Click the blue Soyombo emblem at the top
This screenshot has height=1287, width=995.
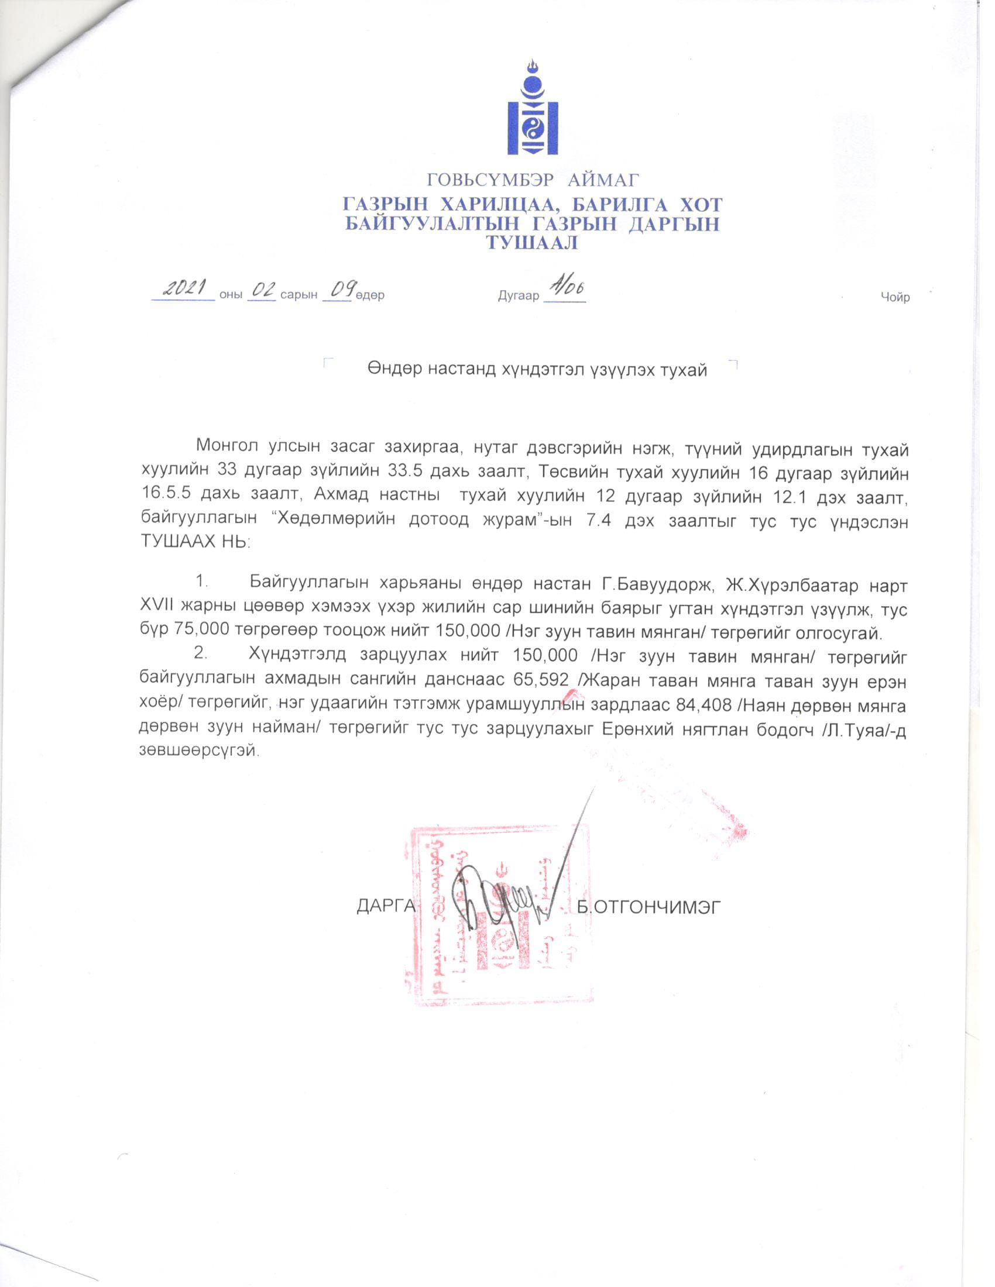(x=532, y=109)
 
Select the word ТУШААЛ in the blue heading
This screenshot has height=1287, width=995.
(x=531, y=243)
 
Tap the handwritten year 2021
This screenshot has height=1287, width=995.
(x=183, y=289)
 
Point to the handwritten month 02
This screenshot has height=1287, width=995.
(x=262, y=290)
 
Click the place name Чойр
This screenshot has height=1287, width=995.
(x=895, y=298)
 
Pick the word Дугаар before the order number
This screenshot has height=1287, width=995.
(x=518, y=296)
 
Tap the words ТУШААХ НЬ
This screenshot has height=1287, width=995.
(x=195, y=542)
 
